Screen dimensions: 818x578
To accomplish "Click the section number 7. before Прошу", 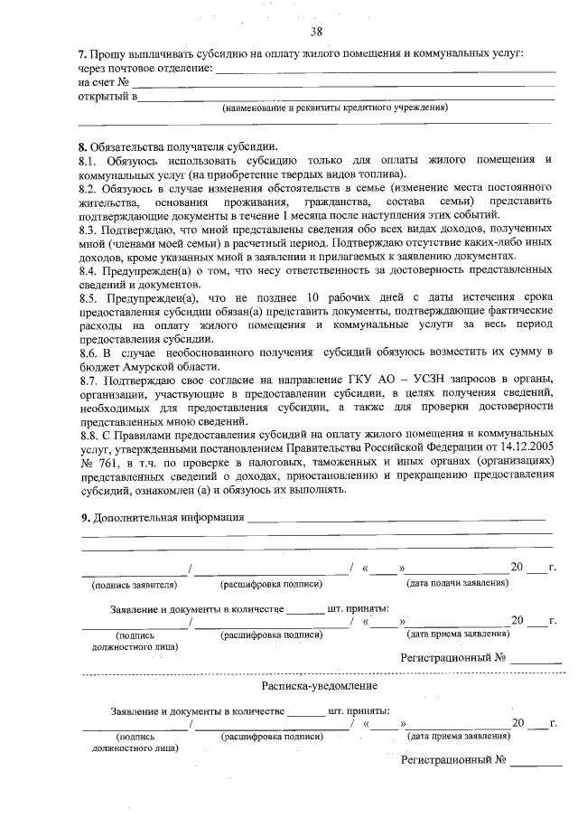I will click(x=81, y=56).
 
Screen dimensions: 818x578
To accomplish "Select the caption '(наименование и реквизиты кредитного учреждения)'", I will click(x=335, y=108).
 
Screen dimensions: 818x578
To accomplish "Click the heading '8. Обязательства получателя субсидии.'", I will click(x=178, y=147).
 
